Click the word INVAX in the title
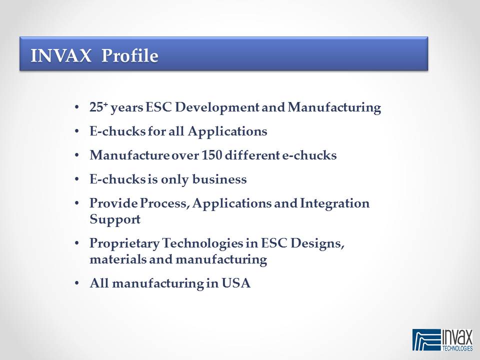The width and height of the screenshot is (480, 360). tap(61, 55)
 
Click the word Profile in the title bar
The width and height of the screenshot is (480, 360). tap(130, 55)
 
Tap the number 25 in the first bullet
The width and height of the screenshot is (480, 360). tap(96, 107)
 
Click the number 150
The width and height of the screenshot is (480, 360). tap(211, 155)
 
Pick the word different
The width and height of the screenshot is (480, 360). tap(252, 155)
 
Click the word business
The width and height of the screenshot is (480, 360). tap(219, 179)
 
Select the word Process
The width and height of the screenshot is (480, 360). tap(164, 203)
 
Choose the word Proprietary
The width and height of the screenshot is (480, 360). tap(124, 244)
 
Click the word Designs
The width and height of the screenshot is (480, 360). tap(317, 244)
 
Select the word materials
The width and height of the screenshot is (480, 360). tap(118, 259)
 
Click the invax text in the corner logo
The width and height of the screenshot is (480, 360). tap(456, 338)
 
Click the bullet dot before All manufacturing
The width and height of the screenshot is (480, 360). tap(77, 283)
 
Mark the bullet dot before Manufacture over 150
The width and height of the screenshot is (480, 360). tap(77, 155)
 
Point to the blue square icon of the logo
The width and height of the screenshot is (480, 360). tap(426, 340)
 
